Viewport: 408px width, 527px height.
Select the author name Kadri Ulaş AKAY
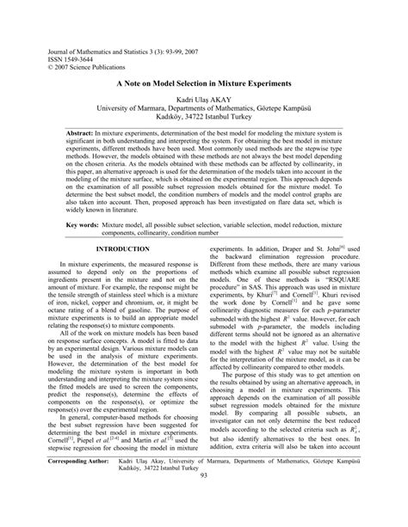(x=204, y=101)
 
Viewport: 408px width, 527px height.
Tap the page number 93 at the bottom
(x=204, y=501)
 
